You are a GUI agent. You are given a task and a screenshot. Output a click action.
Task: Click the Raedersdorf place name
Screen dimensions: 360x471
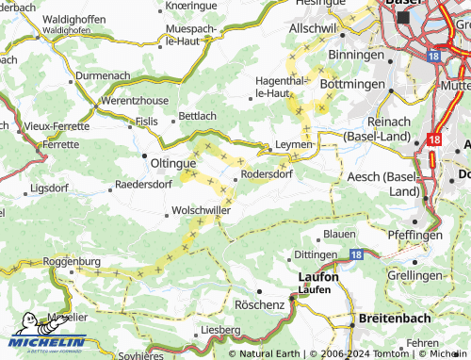(142, 185)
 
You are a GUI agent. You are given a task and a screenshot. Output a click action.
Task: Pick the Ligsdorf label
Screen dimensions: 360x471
(50, 188)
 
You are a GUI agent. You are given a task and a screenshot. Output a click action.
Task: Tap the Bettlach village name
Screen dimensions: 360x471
(198, 116)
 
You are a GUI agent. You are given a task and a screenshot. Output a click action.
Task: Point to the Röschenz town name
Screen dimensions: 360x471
(259, 306)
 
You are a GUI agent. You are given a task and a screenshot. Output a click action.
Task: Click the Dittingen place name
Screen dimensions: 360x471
(315, 254)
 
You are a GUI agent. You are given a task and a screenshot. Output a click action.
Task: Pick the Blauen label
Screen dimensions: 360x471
(339, 234)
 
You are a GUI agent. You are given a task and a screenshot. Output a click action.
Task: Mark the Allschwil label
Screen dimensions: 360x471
(313, 30)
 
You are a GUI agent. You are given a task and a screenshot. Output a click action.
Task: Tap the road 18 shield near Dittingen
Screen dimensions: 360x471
(356, 254)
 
